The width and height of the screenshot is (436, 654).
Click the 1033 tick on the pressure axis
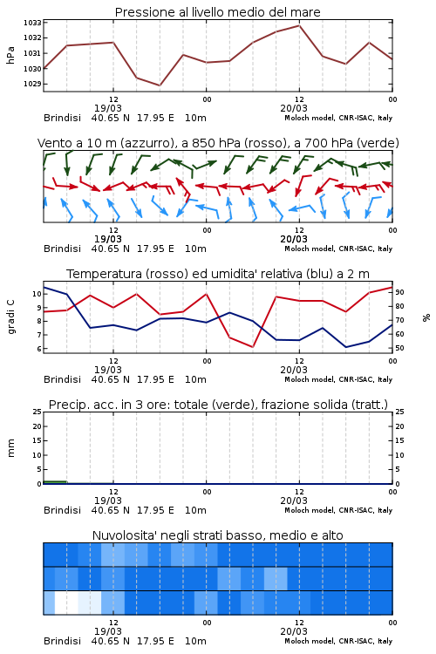(32, 23)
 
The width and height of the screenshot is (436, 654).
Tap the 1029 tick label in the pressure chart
(32, 84)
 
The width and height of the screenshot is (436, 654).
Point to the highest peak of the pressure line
(299, 25)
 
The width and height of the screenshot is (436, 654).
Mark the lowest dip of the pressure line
(160, 85)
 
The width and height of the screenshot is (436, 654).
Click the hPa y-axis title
(10, 55)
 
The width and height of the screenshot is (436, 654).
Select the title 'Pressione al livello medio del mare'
(217, 12)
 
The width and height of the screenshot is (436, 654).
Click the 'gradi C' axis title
(11, 317)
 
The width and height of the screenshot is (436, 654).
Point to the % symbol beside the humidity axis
(426, 317)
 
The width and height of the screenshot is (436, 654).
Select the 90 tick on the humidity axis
(399, 292)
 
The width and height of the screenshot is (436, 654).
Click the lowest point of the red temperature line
(253, 347)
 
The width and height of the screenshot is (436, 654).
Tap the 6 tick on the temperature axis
(38, 349)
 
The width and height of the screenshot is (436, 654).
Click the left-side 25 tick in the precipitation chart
(37, 412)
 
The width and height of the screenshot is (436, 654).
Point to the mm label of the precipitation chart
(11, 448)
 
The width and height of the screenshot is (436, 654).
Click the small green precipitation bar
(55, 482)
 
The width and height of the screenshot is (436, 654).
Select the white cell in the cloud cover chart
(66, 603)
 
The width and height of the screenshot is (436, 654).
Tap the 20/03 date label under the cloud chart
(294, 631)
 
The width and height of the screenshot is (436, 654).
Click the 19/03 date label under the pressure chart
(108, 108)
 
